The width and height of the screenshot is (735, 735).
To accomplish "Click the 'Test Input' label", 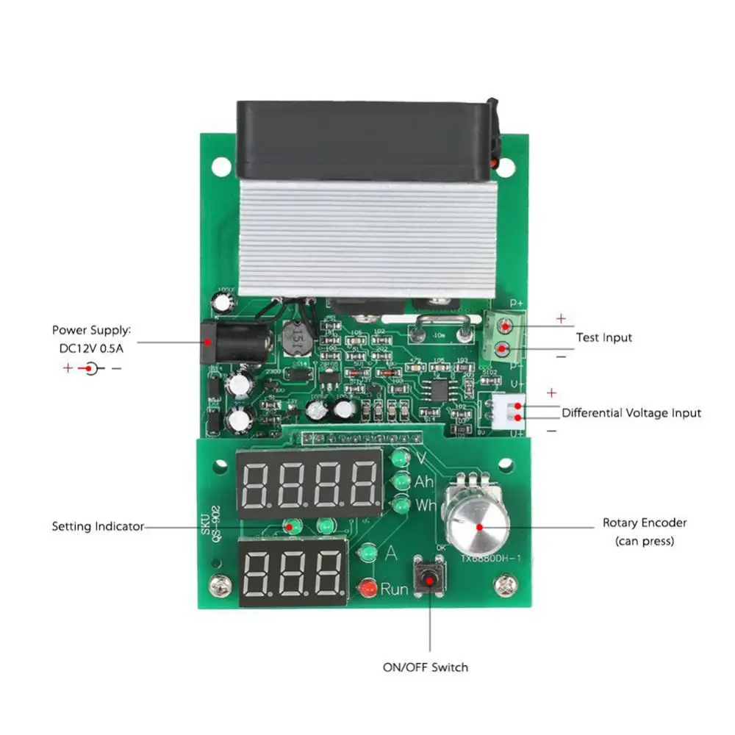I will (x=603, y=337).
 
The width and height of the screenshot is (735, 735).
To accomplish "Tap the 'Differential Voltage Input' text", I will (x=631, y=413).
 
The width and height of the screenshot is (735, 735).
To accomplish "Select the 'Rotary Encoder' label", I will (x=645, y=523).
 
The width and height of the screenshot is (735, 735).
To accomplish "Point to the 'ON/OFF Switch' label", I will (x=425, y=667).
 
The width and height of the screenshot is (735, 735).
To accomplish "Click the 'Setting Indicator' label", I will (x=98, y=526).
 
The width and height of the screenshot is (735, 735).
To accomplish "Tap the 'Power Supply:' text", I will (x=91, y=331).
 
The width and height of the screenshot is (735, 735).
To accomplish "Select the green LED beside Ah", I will (x=401, y=482).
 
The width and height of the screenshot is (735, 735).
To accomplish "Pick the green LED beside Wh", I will (x=401, y=506).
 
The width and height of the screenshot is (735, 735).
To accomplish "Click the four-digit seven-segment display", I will (x=309, y=483).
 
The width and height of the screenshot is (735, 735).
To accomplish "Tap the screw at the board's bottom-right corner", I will (x=505, y=585).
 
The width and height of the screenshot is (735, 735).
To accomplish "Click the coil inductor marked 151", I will (x=295, y=338).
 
